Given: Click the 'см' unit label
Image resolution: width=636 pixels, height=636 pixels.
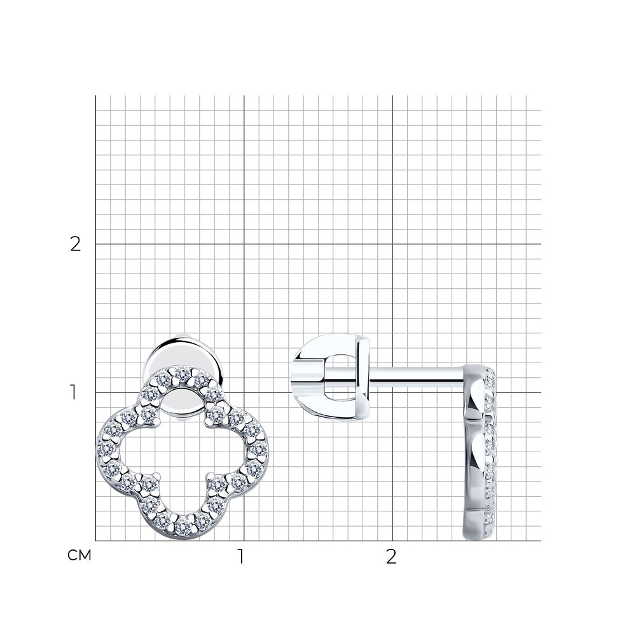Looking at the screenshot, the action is pos(79,555).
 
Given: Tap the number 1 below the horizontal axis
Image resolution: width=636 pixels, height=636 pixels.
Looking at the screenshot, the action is pos(241,557).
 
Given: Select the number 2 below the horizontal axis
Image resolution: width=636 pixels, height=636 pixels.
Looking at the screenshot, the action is pos(391,557).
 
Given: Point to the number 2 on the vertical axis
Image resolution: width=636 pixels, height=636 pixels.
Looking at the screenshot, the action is pos(76,244).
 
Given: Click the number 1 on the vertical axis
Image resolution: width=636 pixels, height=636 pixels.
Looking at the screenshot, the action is pos(73,392).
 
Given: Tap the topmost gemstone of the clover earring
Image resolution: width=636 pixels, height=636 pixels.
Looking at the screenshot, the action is pos(183,374).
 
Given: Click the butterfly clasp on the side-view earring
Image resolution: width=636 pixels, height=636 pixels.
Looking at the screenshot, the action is pos(332,377).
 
